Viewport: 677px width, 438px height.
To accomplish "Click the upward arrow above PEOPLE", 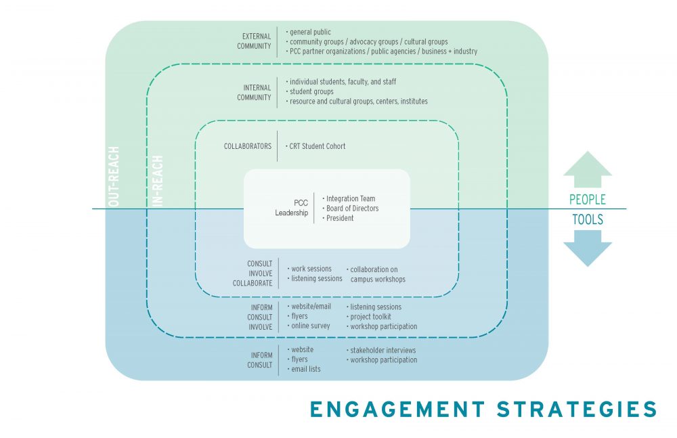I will coord(587,170).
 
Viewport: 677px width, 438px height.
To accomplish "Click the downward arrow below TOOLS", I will coord(587,248).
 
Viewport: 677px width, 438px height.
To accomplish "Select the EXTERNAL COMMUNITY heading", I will coord(254,41).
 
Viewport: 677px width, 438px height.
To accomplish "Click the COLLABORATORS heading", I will coord(247,146).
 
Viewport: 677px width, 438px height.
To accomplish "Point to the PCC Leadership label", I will coord(291,208).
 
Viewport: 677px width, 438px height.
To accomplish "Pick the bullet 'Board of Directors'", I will coord(351,209).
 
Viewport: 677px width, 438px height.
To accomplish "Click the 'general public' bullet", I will coord(310,32).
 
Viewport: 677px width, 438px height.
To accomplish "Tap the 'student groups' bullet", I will coord(311,91).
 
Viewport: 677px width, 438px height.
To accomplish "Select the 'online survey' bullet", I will coord(309,326).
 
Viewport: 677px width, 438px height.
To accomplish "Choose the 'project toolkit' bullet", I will coord(370,316).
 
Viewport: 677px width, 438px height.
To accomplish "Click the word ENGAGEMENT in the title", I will coord(397,410).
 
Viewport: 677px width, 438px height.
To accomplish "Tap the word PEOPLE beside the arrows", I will coord(587,200).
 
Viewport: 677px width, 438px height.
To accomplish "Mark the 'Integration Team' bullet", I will coord(349,199).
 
